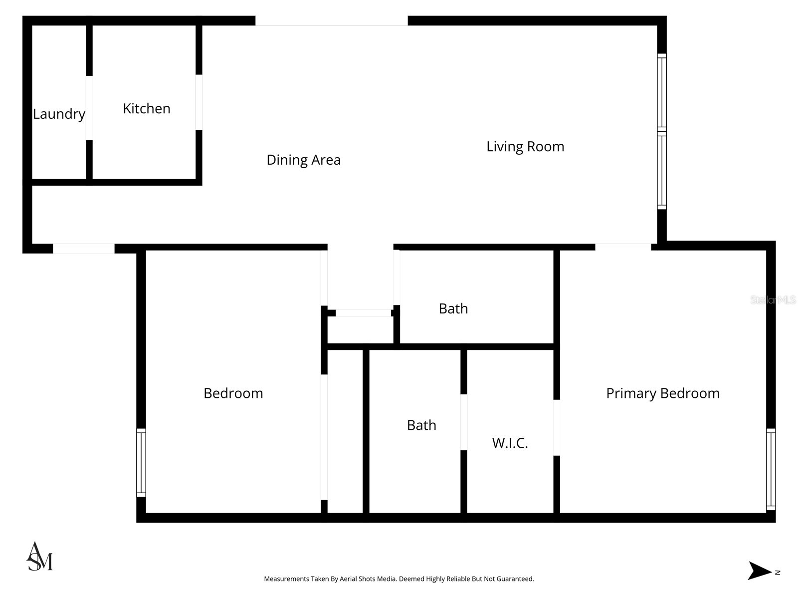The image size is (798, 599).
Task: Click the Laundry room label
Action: coord(59,114)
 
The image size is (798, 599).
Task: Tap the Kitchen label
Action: coord(147,108)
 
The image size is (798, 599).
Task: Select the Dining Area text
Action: coord(303,160)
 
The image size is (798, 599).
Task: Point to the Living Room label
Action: coord(525,146)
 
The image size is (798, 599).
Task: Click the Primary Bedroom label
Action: coord(662,393)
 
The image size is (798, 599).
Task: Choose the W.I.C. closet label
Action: coord(510,443)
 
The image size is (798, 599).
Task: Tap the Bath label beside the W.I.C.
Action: coord(421,425)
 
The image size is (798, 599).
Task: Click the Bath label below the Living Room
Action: coord(453,308)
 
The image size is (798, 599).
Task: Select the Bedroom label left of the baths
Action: coord(233,393)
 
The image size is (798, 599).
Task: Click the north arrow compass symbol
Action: coord(760,571)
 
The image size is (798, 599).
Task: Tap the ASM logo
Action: coord(39,557)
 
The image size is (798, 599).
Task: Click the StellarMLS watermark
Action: coord(773,300)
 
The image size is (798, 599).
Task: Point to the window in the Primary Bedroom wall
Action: coord(771,469)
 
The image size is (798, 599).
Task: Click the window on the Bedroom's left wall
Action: coord(141,462)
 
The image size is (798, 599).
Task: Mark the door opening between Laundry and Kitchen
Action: coord(89,108)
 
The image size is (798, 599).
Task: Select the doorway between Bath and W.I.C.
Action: coord(463,422)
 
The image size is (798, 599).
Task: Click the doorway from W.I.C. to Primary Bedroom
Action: coord(557,427)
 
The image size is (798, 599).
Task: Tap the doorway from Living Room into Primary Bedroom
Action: coord(622,247)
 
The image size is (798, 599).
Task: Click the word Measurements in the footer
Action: coord(286,579)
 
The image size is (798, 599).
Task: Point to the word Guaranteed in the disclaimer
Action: coord(516,579)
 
